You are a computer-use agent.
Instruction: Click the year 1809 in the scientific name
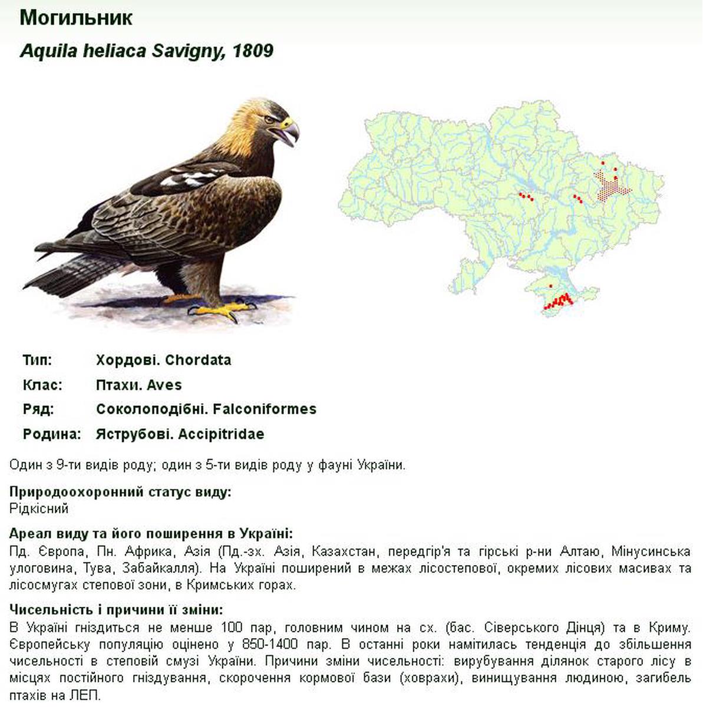tap(253, 51)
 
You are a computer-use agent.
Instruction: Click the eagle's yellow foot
tap(224, 310)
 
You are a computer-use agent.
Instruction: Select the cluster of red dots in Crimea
tap(558, 301)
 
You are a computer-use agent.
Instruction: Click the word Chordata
tap(198, 360)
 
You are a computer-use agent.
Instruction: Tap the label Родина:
tap(51, 434)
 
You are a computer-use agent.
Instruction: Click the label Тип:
tap(37, 360)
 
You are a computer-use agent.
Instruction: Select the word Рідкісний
tap(39, 508)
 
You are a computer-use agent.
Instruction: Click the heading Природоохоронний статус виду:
tap(120, 492)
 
